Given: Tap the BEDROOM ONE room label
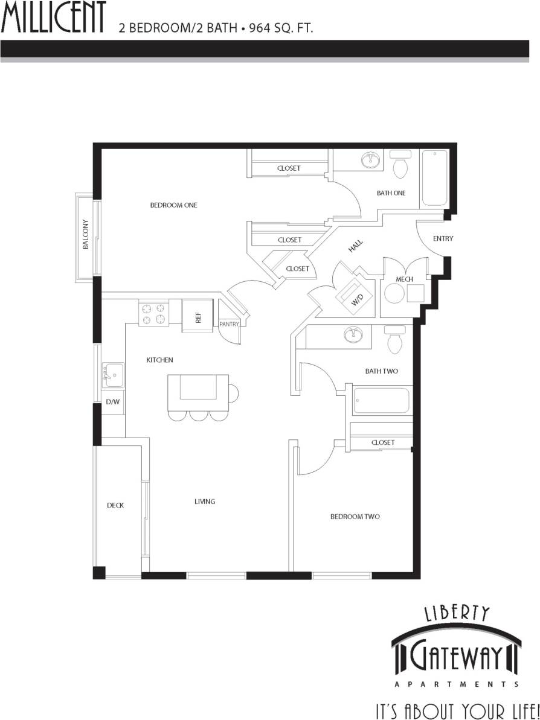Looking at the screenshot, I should click(173, 205).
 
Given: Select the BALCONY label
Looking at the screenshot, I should click(86, 235).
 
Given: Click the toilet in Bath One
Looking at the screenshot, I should click(400, 165).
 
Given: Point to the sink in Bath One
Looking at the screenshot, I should click(370, 161).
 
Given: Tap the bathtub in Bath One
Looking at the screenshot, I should click(434, 178).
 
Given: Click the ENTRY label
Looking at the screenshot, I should click(443, 239).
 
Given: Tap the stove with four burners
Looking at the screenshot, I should click(153, 314).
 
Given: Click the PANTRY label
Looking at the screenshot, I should click(230, 324).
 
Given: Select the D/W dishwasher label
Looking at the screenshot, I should click(112, 401).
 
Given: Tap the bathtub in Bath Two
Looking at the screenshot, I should click(381, 401).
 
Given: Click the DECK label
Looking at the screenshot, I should click(115, 505).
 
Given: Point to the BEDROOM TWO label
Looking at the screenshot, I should click(355, 517).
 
